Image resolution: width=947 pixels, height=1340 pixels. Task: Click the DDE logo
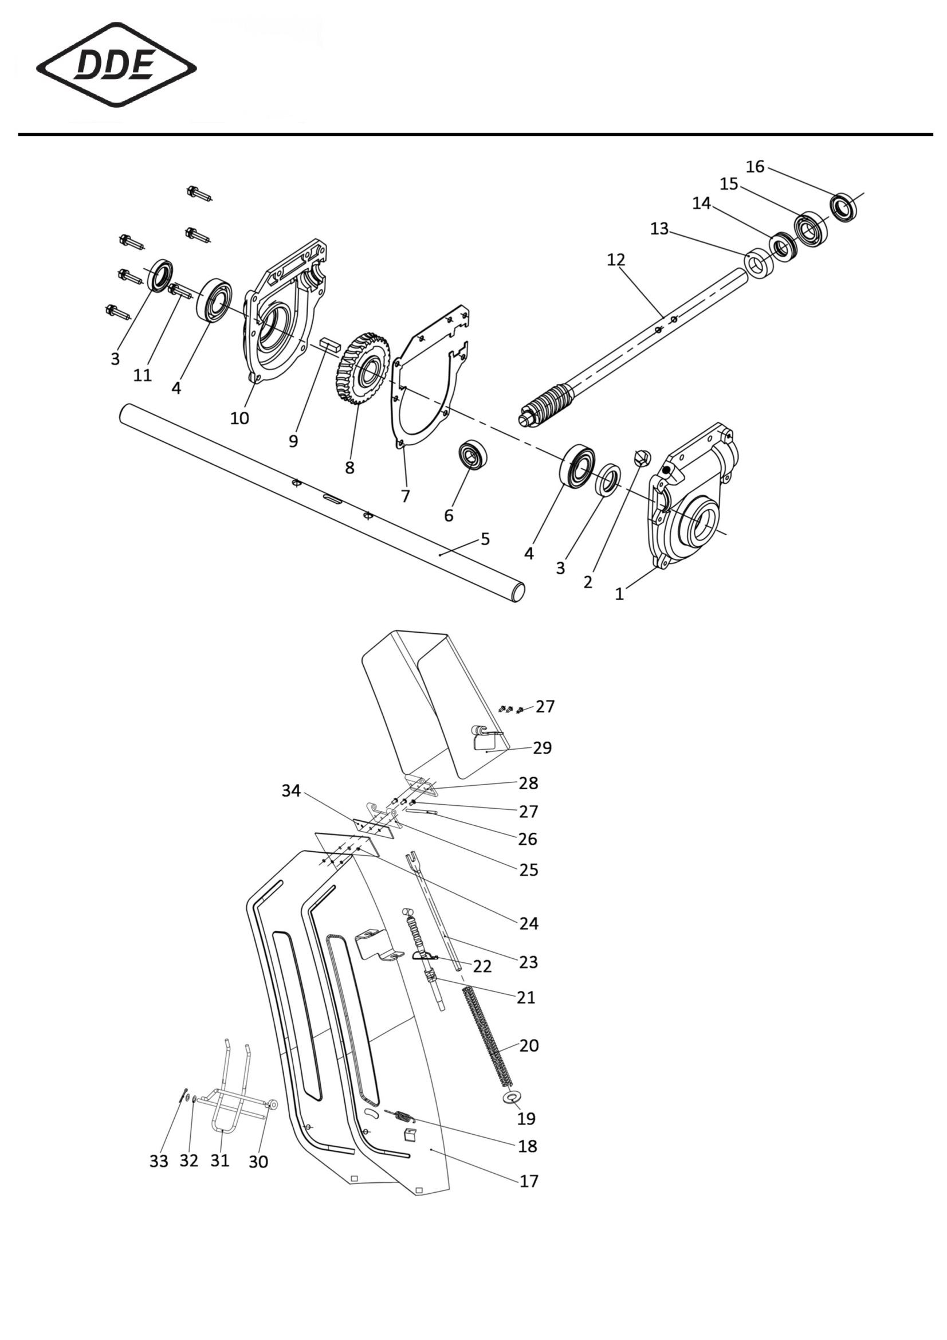[x=116, y=65]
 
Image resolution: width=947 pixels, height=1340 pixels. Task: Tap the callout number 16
[x=755, y=167]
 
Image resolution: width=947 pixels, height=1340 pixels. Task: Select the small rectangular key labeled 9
[x=329, y=343]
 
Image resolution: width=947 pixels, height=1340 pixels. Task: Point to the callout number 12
[x=616, y=260]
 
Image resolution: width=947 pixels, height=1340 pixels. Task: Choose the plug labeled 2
[x=641, y=457]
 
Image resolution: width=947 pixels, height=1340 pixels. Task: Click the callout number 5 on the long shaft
[x=485, y=539]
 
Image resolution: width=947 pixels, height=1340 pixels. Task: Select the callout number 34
[x=291, y=790]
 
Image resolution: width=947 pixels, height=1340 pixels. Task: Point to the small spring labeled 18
[x=400, y=1116]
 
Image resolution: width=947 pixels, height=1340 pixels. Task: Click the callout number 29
[x=542, y=747]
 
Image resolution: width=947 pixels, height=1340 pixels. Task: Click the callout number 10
[x=239, y=418]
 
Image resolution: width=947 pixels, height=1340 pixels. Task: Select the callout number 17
[x=529, y=1181]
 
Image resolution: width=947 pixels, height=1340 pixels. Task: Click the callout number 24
[x=529, y=923]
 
